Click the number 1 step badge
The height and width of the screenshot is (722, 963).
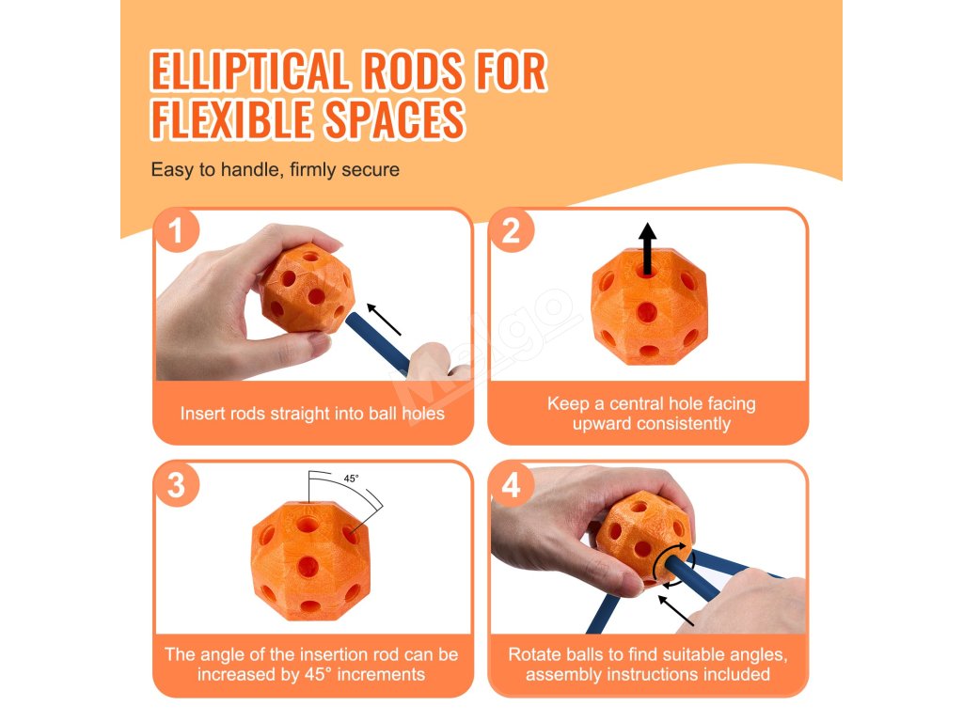pyautogui.click(x=176, y=231)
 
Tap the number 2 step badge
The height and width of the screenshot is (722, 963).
pyautogui.click(x=511, y=231)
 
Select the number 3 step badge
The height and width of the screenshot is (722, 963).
pyautogui.click(x=176, y=484)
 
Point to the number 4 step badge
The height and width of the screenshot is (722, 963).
pyautogui.click(x=511, y=484)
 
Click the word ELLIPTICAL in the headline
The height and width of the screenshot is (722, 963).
pyautogui.click(x=250, y=71)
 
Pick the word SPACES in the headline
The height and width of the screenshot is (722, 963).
pyautogui.click(x=394, y=119)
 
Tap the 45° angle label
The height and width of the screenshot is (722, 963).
pyautogui.click(x=352, y=479)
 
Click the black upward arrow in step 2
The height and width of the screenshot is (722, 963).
pyautogui.click(x=647, y=248)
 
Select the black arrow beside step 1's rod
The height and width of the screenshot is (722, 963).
pyautogui.click(x=384, y=320)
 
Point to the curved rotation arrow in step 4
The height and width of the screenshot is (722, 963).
pyautogui.click(x=673, y=565)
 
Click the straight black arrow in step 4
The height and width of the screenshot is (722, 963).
pyautogui.click(x=676, y=610)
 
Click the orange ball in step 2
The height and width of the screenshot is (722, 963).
pyautogui.click(x=649, y=306)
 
